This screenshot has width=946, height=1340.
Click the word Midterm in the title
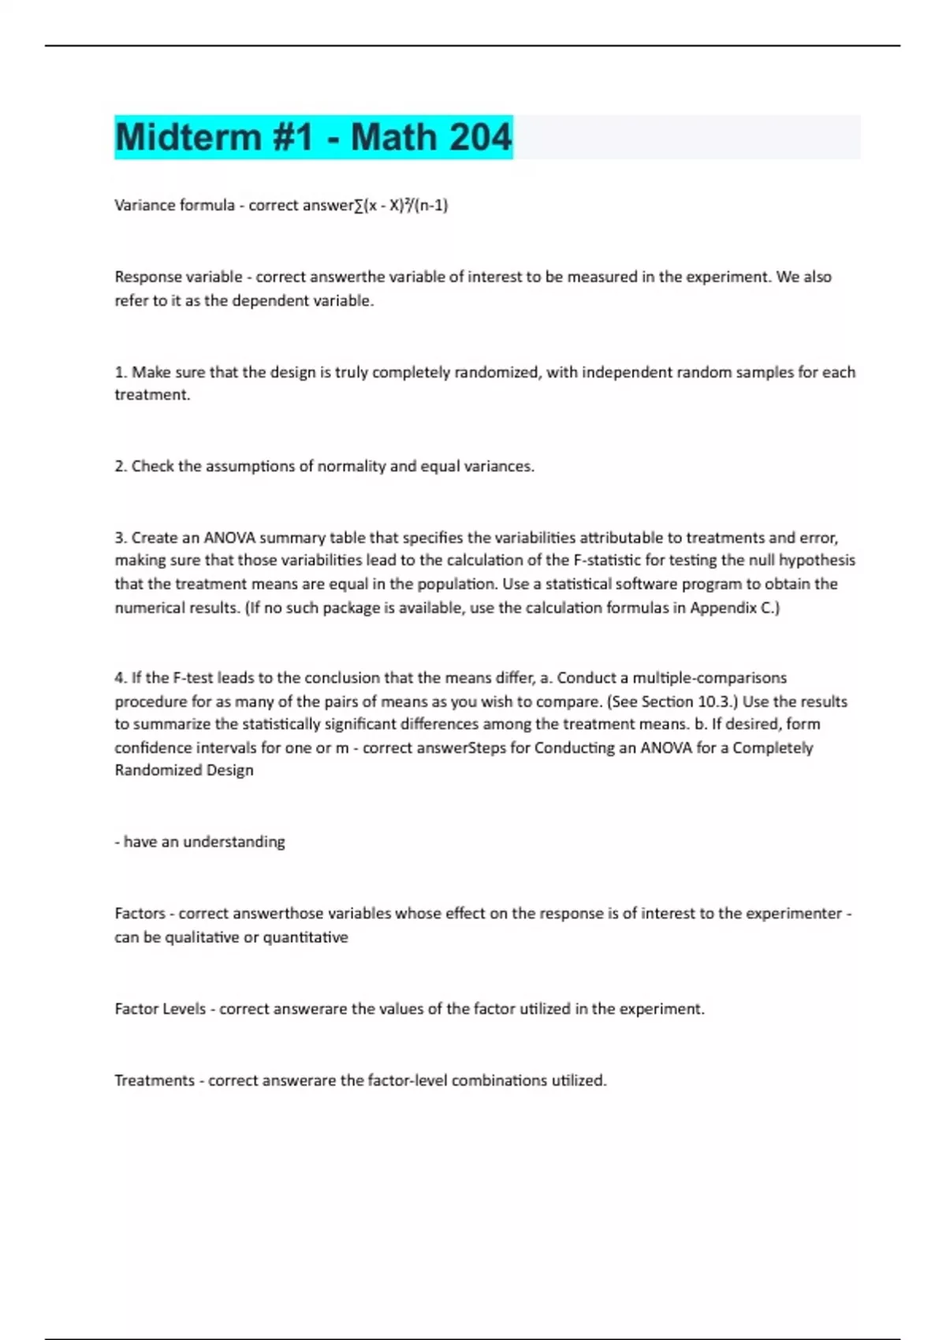coord(188,137)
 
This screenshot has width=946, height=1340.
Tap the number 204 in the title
coord(475,137)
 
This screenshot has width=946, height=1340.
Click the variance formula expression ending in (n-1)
coord(401,205)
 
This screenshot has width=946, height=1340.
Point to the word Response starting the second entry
coord(150,277)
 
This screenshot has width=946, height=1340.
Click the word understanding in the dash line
coord(234,842)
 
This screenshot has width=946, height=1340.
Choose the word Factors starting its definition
coord(140,914)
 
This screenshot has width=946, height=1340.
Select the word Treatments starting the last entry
coord(154,1081)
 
